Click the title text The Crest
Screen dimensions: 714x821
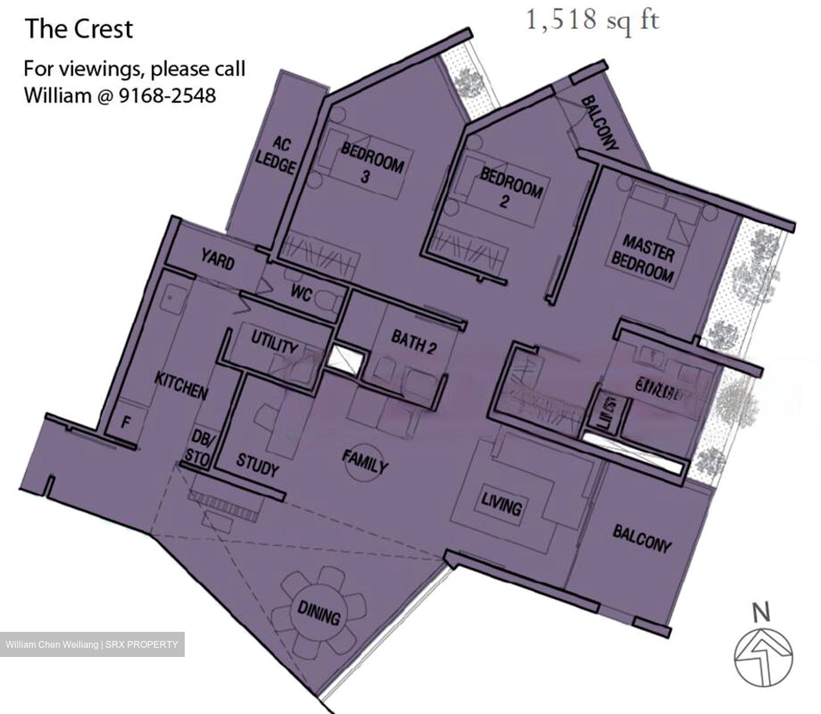[79, 29]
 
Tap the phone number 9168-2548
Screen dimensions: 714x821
[167, 95]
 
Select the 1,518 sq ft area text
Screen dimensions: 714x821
[592, 21]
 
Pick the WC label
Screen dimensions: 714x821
[301, 293]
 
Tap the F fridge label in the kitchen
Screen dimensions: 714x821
[126, 423]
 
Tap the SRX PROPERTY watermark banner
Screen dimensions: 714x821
[92, 644]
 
